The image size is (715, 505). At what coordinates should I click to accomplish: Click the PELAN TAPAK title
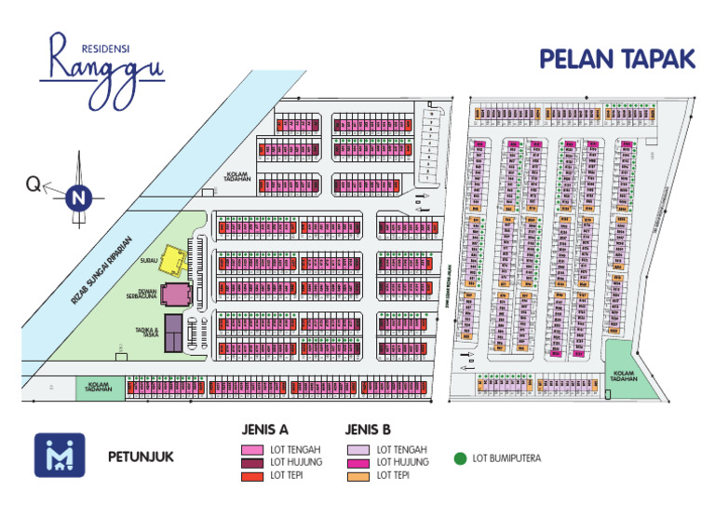(617, 59)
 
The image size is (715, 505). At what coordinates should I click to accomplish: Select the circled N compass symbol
(79, 197)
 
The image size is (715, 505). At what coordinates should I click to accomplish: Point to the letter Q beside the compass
(34, 186)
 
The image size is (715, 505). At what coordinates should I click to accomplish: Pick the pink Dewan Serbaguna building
(174, 295)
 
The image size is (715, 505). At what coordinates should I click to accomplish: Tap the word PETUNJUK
(140, 457)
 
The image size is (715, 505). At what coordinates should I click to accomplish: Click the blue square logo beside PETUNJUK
(60, 456)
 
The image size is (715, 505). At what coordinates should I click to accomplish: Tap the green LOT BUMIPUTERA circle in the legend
(459, 458)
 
